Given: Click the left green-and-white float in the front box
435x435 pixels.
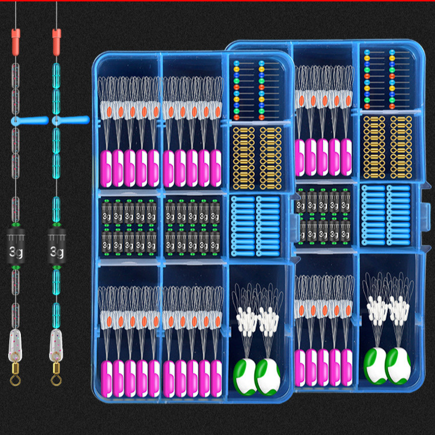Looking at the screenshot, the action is pos(245,370).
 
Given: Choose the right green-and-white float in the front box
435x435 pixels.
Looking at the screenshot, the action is pos(267,370).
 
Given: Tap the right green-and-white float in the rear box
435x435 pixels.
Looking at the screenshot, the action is pos(398,365).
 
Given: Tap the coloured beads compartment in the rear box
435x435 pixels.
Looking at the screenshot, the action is pos(384,78).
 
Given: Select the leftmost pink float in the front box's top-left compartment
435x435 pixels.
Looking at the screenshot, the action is pos(107,168).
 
